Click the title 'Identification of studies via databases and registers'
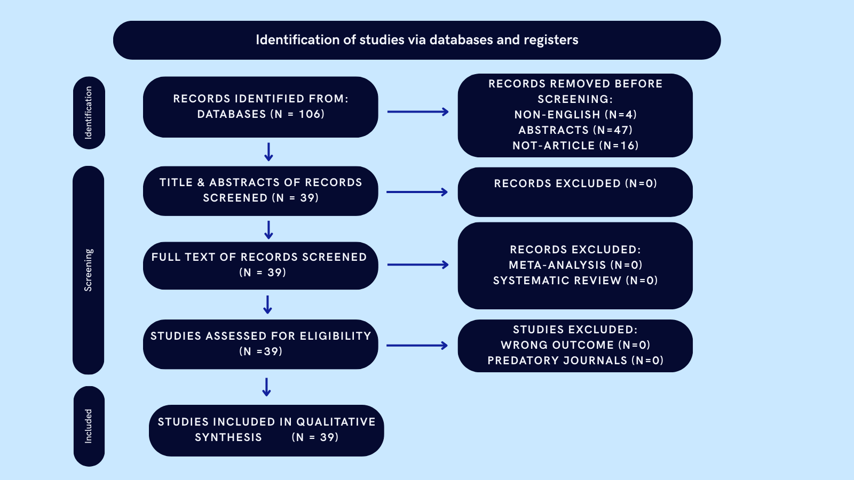click(417, 40)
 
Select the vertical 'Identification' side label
click(89, 113)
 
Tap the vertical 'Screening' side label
click(89, 270)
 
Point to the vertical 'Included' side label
click(89, 426)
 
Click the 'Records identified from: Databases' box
click(260, 107)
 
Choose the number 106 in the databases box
click(311, 114)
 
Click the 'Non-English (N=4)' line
click(575, 115)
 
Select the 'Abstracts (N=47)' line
click(575, 130)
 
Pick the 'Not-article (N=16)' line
click(575, 146)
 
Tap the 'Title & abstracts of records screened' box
click(260, 190)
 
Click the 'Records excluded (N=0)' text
click(575, 183)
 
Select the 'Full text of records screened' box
click(260, 265)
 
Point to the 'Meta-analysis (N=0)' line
click(575, 265)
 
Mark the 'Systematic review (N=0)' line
click(575, 281)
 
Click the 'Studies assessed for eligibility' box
click(260, 344)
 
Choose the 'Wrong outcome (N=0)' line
click(575, 345)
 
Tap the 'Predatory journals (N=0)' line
click(575, 361)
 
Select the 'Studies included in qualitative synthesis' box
click(266, 430)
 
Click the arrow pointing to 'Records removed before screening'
click(418, 112)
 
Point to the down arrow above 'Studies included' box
click(267, 387)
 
